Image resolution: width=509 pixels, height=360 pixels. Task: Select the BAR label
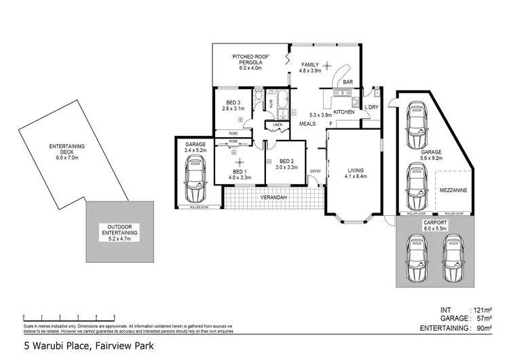(x=347, y=82)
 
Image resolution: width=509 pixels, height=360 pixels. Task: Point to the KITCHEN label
(x=343, y=111)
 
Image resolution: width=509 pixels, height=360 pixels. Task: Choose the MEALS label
(x=308, y=124)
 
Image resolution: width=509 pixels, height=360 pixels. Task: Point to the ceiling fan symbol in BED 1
(x=239, y=162)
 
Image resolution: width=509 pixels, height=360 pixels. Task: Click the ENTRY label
(x=315, y=170)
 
